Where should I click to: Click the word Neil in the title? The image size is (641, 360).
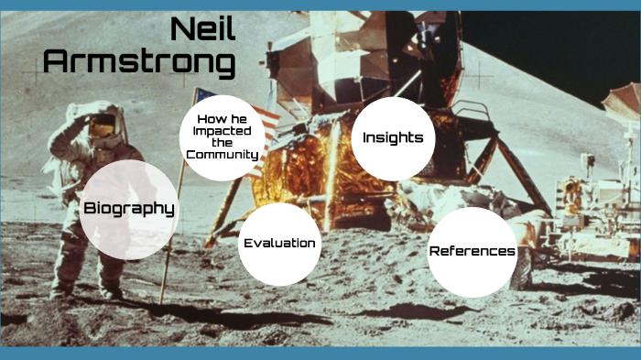(x=202, y=30)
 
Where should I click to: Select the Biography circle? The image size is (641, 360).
(x=128, y=209)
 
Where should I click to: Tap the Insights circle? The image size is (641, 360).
(x=393, y=138)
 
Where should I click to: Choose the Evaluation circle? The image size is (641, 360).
(x=279, y=244)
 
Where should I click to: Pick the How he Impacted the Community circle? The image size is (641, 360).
(x=222, y=137)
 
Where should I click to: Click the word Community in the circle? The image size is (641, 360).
(x=222, y=155)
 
